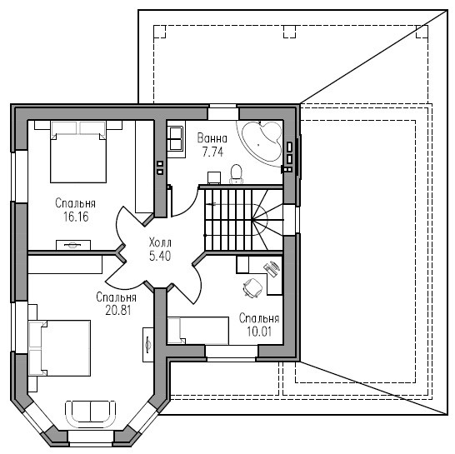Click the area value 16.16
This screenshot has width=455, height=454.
tap(76, 217)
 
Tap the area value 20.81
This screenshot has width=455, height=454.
tap(118, 311)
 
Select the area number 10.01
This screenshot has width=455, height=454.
tap(259, 332)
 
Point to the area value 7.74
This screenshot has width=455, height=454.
tap(212, 152)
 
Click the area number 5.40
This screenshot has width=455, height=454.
tap(160, 256)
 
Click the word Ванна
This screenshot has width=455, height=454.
tap(212, 138)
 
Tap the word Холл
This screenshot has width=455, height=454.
tap(160, 242)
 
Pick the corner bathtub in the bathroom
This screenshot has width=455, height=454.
tap(262, 142)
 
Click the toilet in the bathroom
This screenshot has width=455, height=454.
tap(236, 174)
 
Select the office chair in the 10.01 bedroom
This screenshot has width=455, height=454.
tap(252, 287)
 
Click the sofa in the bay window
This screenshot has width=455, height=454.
tap(91, 411)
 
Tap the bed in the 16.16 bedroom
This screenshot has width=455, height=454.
tap(78, 152)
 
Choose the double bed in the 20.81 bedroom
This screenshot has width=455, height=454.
tap(60, 348)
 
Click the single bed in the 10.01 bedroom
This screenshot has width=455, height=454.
tap(198, 331)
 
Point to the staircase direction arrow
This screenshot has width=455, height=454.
tap(235, 204)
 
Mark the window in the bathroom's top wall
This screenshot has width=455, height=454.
tap(223, 112)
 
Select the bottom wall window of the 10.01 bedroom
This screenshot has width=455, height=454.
tap(232, 352)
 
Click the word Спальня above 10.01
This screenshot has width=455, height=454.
tap(259, 318)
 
